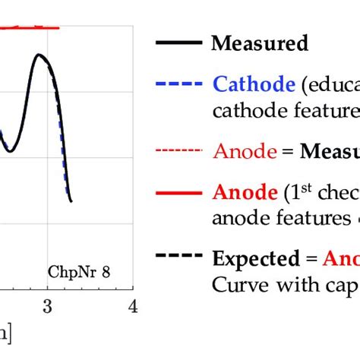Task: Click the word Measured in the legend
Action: pos(260,43)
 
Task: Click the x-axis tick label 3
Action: pos(47,306)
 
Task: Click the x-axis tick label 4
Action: pos(134,306)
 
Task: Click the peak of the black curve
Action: pos(37,55)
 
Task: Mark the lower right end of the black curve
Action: pos(71,201)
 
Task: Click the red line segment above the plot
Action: pos(30,28)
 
